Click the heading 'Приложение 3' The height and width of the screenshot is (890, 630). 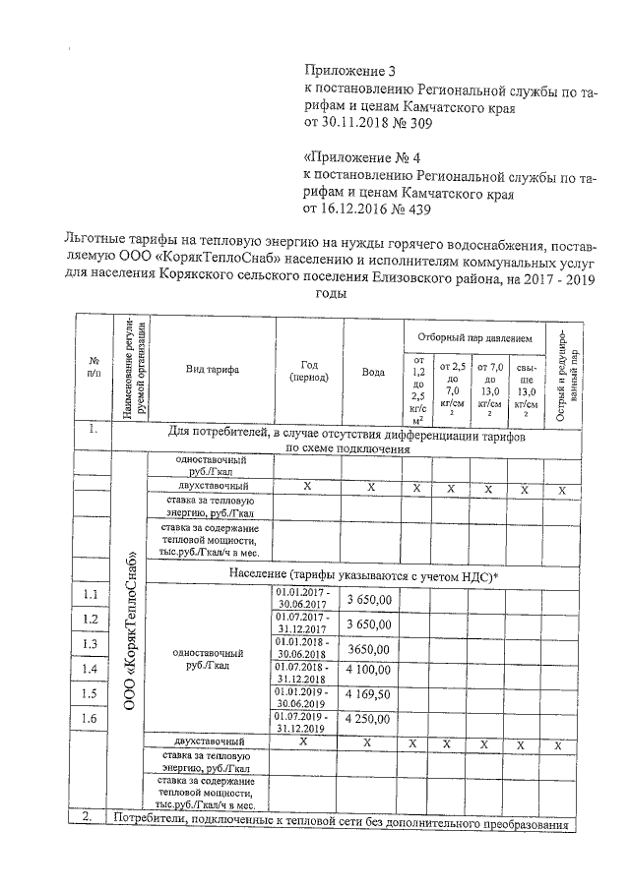(x=349, y=72)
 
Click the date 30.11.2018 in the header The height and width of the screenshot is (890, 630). (x=357, y=125)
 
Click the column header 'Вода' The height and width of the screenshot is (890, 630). (x=373, y=372)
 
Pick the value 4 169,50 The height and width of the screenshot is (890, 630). (x=369, y=694)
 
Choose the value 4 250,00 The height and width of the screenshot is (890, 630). (x=369, y=720)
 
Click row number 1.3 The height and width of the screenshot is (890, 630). (x=91, y=644)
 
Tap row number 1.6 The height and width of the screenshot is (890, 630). (x=91, y=719)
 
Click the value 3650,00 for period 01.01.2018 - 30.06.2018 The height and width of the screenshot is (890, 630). (x=369, y=647)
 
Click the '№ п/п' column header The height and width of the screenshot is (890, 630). (x=94, y=369)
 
